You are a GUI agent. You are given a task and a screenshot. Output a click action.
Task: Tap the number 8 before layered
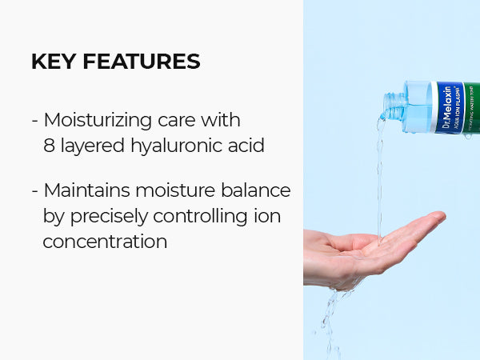49,146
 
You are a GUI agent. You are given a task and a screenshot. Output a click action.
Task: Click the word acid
245,146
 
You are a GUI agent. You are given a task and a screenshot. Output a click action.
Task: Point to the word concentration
105,241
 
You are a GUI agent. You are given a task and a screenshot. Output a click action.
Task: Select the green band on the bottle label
473,108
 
